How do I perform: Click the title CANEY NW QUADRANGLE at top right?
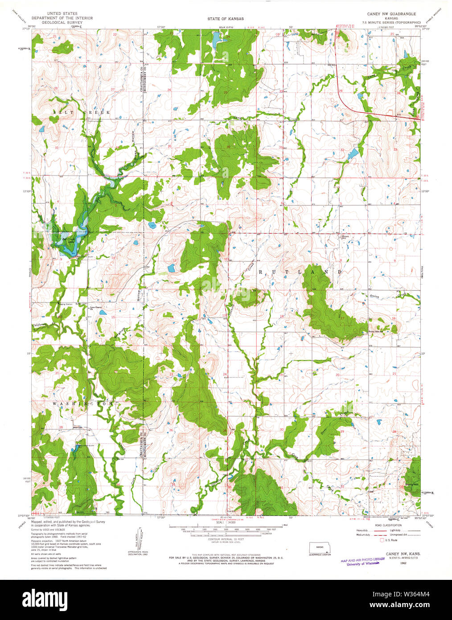point(391,14)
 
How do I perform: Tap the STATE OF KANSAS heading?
point(225,19)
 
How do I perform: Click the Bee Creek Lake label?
point(69,240)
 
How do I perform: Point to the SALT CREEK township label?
point(82,113)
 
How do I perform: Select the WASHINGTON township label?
point(83,403)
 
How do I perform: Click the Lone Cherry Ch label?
point(96,307)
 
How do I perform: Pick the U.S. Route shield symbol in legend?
point(382,540)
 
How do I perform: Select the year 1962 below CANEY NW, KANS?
point(403,563)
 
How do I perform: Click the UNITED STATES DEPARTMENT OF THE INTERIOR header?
point(62,18)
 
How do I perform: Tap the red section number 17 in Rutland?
point(342,318)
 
